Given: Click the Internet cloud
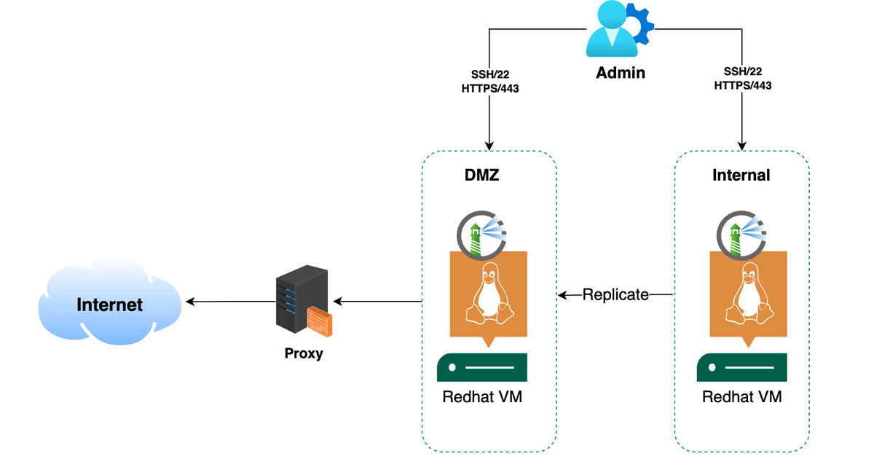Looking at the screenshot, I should tap(109, 303).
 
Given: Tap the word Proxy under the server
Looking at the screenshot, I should tap(304, 354).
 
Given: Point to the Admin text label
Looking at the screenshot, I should tap(621, 73).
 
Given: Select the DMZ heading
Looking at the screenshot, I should tap(482, 175).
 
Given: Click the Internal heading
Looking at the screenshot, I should tap(741, 176).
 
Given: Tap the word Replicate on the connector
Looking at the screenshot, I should tap(615, 294).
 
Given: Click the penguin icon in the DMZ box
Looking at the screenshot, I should tap(489, 295).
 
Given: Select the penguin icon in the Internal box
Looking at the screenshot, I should tap(749, 295).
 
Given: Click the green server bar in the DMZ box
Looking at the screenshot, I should tap(482, 367).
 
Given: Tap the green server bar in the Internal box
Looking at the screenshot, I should tap(741, 367).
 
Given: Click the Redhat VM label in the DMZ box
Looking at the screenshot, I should tap(482, 398).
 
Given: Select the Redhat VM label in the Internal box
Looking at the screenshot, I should tap(741, 398).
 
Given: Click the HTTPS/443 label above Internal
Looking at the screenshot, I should tap(742, 85).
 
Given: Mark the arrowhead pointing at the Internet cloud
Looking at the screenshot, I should tap(191, 302).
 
